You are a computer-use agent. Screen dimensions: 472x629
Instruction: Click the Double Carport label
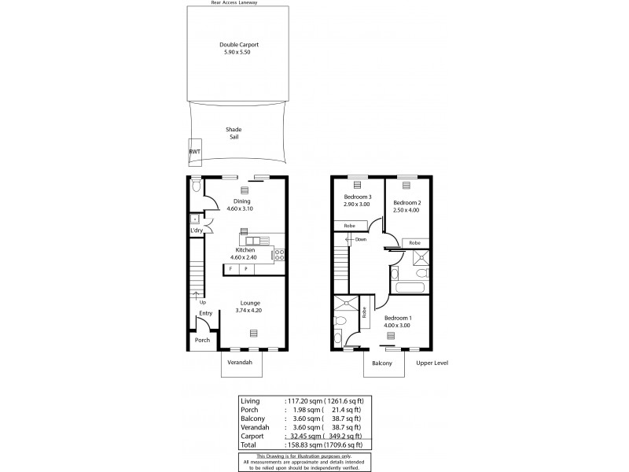[238, 45]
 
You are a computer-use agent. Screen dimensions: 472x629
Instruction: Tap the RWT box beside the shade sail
[194, 152]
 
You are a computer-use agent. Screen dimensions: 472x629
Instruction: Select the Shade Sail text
[233, 133]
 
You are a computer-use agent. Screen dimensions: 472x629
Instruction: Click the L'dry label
[196, 230]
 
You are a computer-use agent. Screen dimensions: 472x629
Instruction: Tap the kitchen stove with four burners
[279, 253]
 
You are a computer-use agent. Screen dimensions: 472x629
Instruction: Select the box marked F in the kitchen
[230, 269]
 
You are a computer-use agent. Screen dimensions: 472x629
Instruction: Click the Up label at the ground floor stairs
[202, 301]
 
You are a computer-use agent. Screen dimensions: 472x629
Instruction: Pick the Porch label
[202, 340]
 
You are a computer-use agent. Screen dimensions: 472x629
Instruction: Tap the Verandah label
[239, 363]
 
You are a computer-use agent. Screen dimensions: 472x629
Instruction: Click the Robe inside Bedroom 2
[414, 243]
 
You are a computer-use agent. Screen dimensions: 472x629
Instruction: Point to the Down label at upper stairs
[360, 239]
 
